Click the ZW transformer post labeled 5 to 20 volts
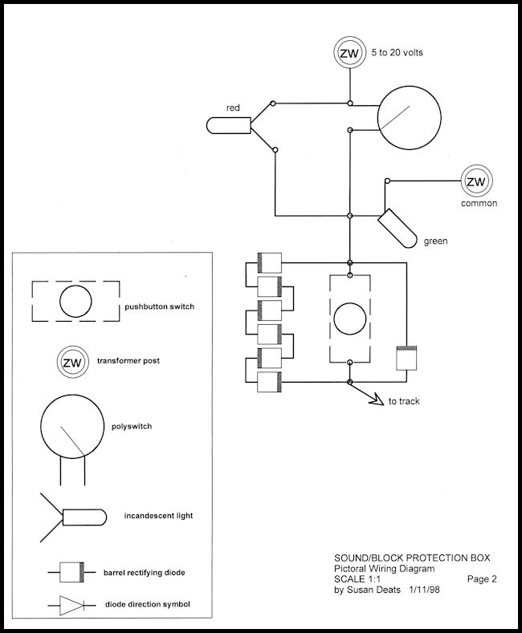[x=349, y=53]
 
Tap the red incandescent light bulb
[x=228, y=126]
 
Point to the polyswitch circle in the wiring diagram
[x=410, y=117]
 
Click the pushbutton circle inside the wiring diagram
[x=349, y=319]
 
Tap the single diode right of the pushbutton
[x=407, y=358]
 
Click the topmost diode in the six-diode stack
[x=268, y=262]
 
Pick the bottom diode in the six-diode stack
[x=268, y=383]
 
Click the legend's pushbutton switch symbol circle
[x=75, y=302]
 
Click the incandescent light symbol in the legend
[x=84, y=516]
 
